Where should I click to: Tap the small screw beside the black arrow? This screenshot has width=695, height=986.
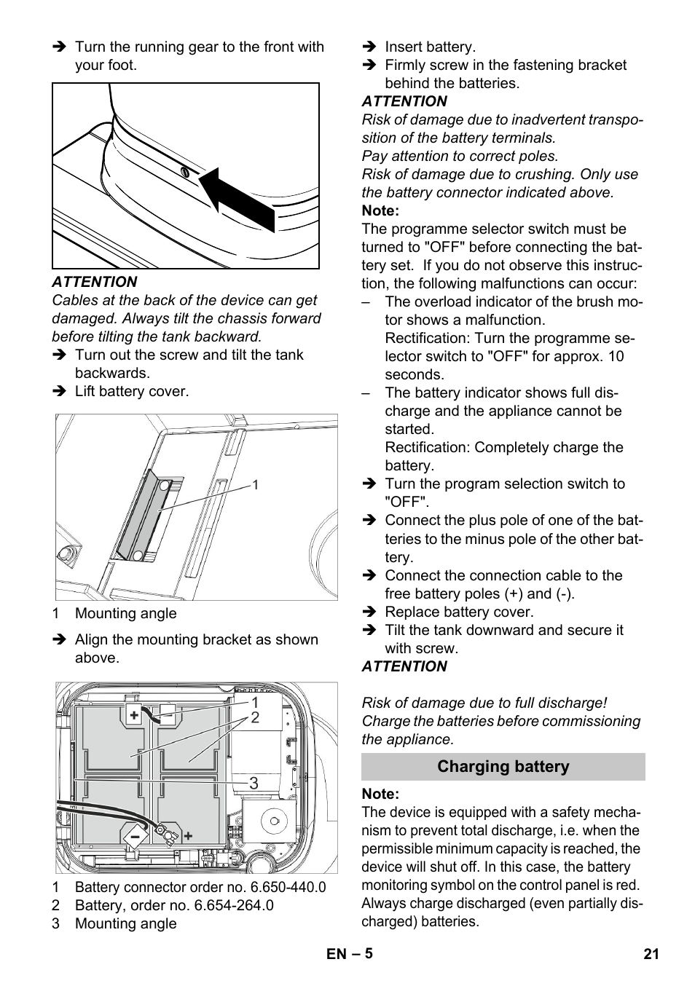tap(184, 173)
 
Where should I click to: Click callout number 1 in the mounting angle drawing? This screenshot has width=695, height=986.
tap(255, 485)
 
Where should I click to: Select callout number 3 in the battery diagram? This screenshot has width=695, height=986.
tap(254, 784)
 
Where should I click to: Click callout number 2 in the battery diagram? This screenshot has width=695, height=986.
tap(255, 718)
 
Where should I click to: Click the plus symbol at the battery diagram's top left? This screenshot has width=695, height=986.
tap(135, 715)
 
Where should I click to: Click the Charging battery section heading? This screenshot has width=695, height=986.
tap(503, 767)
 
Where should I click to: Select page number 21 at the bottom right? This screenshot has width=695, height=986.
tap(651, 953)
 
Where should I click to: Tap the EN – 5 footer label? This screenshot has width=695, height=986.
tap(349, 953)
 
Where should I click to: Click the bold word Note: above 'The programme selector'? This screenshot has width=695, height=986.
tap(380, 210)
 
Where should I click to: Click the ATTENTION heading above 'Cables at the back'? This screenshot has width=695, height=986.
tap(94, 282)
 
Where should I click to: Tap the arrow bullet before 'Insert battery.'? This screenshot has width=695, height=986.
tap(369, 47)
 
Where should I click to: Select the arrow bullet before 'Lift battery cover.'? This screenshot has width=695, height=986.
tap(59, 392)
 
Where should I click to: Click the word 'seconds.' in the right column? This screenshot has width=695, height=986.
tap(414, 374)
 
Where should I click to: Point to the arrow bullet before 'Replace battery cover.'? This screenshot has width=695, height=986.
tap(369, 612)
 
